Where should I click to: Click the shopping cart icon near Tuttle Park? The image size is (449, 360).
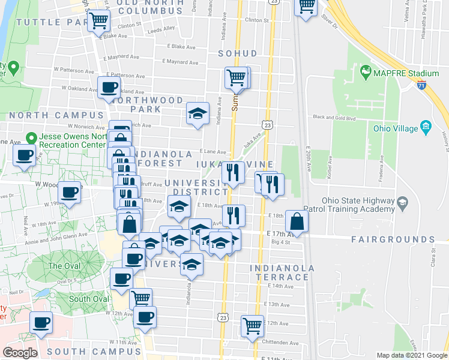tap(98, 22)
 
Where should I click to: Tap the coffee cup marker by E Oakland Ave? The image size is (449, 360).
tap(109, 88)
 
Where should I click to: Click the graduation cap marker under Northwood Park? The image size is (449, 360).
tap(196, 113)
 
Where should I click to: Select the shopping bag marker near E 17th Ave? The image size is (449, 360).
tap(297, 221)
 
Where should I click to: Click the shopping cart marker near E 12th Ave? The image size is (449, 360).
tap(253, 326)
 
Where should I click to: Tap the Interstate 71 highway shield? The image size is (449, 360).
tap(422, 86)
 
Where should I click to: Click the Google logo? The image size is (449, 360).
tap(20, 352)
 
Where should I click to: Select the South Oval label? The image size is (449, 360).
tap(88, 299)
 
